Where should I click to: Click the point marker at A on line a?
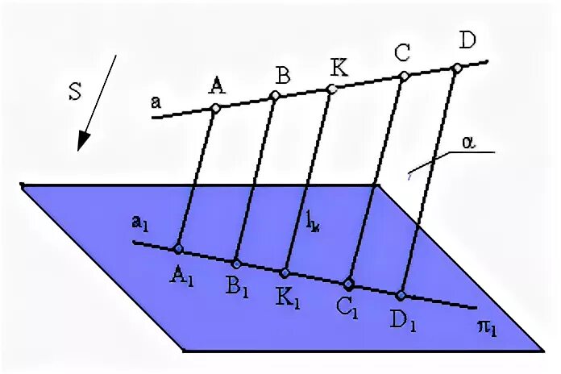(x=215, y=108)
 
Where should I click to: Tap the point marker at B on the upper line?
(x=275, y=96)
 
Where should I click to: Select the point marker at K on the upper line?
(x=331, y=88)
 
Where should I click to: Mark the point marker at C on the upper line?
(x=405, y=76)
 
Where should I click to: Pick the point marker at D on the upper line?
(x=457, y=67)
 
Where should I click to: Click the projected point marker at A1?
(x=178, y=249)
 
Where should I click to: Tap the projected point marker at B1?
(x=236, y=263)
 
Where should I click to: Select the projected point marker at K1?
(x=285, y=272)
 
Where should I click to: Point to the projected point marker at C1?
(x=348, y=284)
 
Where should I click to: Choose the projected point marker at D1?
(x=401, y=294)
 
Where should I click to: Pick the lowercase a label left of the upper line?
(x=155, y=102)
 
